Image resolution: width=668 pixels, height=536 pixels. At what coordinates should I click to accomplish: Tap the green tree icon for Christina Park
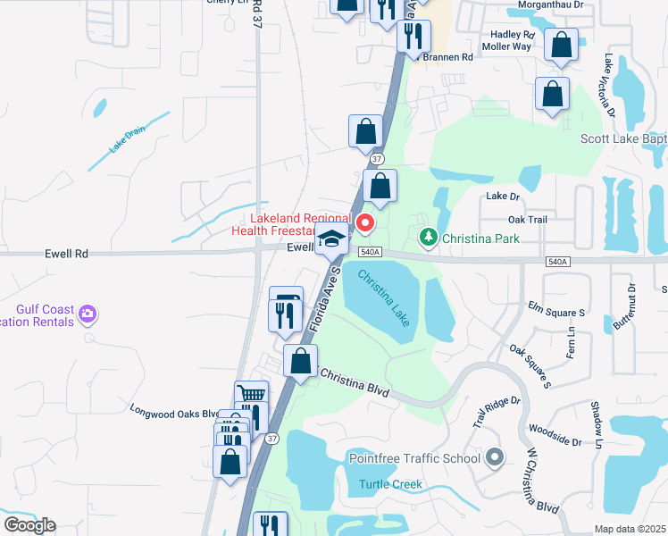[x=430, y=238]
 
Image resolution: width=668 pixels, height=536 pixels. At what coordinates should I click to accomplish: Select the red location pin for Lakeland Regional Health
[x=364, y=222]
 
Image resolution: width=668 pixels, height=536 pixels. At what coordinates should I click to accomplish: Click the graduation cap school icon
[x=331, y=239]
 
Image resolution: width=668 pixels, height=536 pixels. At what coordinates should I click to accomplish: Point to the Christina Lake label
[x=384, y=297]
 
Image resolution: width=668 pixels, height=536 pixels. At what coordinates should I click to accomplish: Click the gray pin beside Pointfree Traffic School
[x=496, y=458]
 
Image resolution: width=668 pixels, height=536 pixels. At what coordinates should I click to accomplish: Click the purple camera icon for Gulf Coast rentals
[x=87, y=314]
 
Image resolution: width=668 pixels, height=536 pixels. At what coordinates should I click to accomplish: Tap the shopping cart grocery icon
[x=251, y=395]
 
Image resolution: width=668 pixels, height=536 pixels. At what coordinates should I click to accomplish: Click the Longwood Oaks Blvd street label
[x=173, y=414]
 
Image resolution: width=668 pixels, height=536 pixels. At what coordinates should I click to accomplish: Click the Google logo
[x=29, y=525]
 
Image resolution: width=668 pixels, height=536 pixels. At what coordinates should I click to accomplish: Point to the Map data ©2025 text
[x=630, y=529]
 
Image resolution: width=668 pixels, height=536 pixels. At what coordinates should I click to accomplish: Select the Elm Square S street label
[x=555, y=313]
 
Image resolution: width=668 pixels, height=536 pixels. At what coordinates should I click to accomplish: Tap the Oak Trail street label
[x=527, y=219]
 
